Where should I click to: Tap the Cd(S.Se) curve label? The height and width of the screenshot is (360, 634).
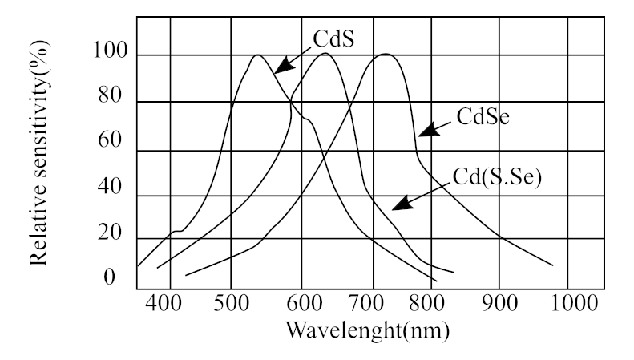[x=498, y=176]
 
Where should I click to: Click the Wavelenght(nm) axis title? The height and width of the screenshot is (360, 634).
[x=369, y=330]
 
